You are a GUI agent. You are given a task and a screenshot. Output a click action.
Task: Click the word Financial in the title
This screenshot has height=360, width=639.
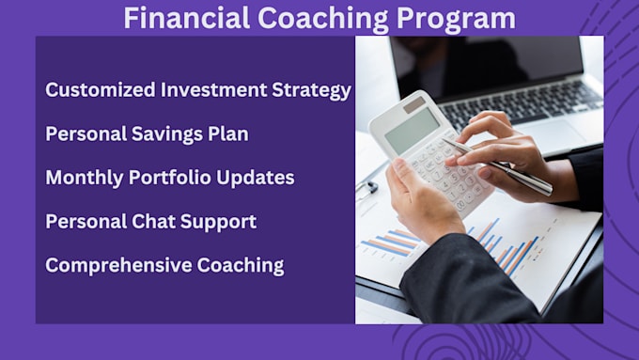(x=180, y=18)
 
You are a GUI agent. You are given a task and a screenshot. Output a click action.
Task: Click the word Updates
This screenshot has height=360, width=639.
(x=259, y=177)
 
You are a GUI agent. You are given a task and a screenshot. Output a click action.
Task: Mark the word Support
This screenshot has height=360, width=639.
(x=220, y=221)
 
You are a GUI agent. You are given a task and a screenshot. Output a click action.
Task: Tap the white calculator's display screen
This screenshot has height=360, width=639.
(x=411, y=129)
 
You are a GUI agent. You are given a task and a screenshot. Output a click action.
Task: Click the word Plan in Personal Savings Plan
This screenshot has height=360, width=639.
(x=226, y=133)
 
